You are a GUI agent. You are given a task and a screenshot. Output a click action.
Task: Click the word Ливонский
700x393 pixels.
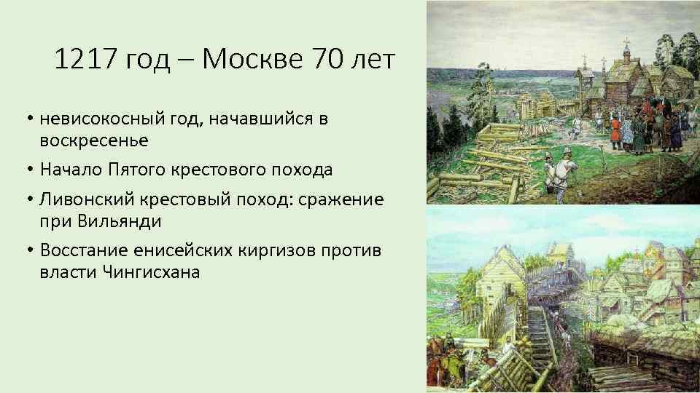tap(84, 199)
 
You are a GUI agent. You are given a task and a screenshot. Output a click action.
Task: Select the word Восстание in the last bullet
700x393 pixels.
tap(86, 250)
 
